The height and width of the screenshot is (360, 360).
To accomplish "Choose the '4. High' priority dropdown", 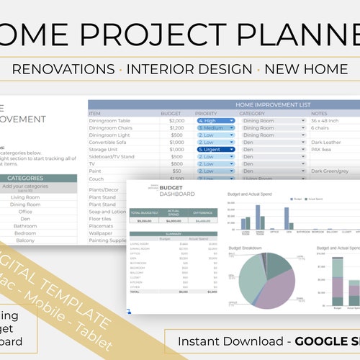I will pos(215,121).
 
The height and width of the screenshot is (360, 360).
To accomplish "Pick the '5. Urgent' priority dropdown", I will pos(215,150).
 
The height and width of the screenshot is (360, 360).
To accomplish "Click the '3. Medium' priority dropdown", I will pos(215,128).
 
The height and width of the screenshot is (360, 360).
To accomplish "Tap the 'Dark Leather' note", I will pos(328,143).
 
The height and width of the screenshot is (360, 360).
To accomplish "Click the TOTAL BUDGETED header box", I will pos(143,212).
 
